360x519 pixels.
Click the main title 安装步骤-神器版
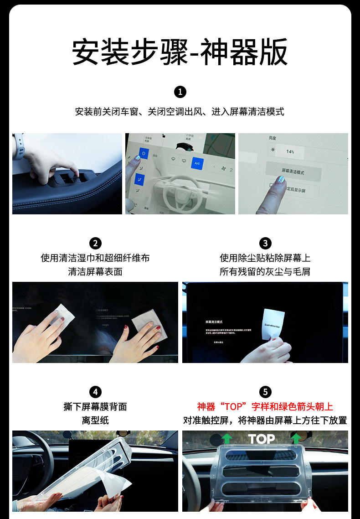pos(180,52)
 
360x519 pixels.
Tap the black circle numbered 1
pos(180,92)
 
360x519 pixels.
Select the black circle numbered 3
pos(265,243)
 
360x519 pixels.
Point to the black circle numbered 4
pos(95,392)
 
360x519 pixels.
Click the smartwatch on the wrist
pos(18,146)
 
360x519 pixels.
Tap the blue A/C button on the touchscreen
pos(197,163)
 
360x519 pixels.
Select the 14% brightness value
pos(290,151)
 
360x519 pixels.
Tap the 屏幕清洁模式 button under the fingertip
pos(293,172)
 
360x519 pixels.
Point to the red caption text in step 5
pos(265,406)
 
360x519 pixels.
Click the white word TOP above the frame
pos(261,439)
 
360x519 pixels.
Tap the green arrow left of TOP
pos(226,439)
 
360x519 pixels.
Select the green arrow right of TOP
pos(296,439)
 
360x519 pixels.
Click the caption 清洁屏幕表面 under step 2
pos(95,271)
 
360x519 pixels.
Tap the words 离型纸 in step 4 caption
pos(95,420)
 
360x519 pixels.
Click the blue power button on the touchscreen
pos(144,154)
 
